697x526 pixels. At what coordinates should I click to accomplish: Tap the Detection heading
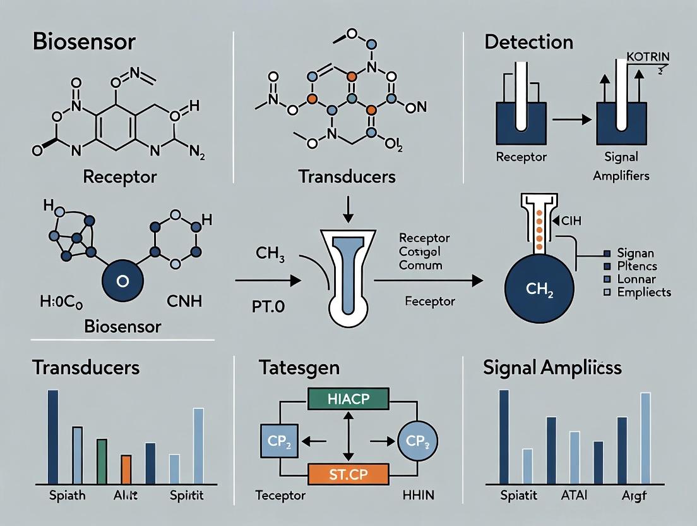[x=528, y=42]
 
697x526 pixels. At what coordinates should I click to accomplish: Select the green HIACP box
[x=347, y=398]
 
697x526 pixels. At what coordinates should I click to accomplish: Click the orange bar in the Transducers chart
[x=126, y=468]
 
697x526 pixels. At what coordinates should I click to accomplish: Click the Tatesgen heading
[x=299, y=367]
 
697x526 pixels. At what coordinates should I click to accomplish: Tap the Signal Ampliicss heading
[x=552, y=367]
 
